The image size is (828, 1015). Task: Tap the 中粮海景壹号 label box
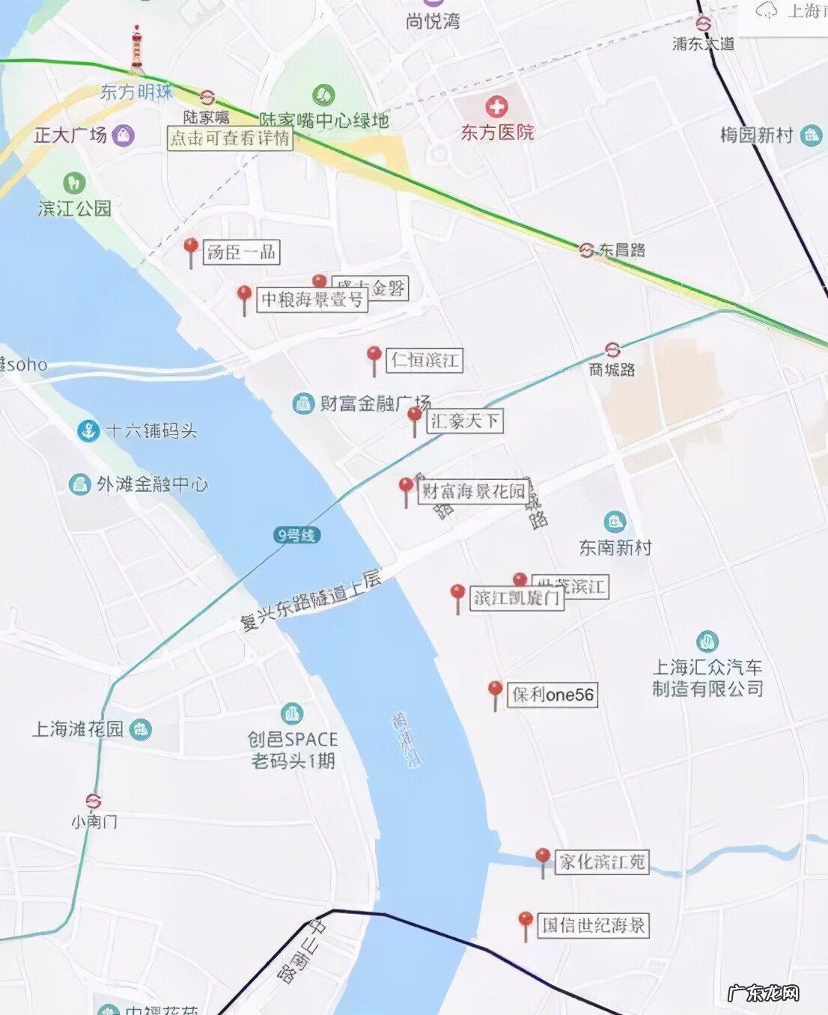pyautogui.click(x=312, y=300)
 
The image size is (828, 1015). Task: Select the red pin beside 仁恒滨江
pyautogui.click(x=374, y=357)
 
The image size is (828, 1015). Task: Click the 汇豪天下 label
pyautogui.click(x=465, y=421)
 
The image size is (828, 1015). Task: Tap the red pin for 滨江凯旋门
pyautogui.click(x=457, y=596)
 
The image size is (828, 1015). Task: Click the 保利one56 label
pyautogui.click(x=553, y=695)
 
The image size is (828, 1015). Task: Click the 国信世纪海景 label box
pyautogui.click(x=593, y=926)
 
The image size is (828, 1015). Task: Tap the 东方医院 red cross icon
pyautogui.click(x=496, y=107)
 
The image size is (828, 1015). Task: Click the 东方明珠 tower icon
pyautogui.click(x=136, y=49)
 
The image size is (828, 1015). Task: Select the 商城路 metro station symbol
pyautogui.click(x=612, y=350)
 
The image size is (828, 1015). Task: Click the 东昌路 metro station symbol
pyautogui.click(x=586, y=250)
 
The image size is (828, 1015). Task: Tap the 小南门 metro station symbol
pyautogui.click(x=94, y=802)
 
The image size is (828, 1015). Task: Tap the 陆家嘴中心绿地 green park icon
pyautogui.click(x=323, y=95)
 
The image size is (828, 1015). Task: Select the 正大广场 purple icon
pyautogui.click(x=123, y=135)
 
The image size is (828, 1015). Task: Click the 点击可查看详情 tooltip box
pyautogui.click(x=230, y=138)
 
